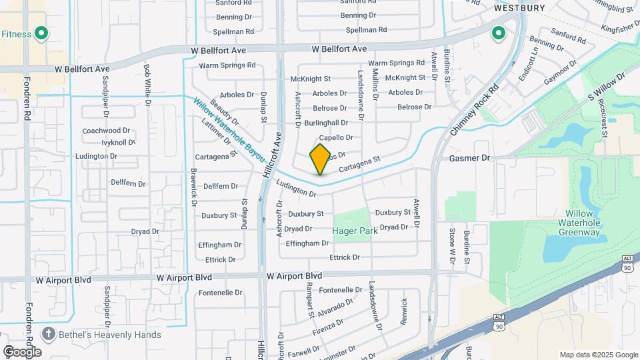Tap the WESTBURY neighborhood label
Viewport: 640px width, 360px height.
[519, 8]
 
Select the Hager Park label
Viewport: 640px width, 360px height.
[355, 231]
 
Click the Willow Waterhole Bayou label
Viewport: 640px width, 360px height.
[229, 132]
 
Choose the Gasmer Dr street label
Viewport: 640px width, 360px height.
[469, 159]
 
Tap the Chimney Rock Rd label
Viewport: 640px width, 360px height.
[474, 111]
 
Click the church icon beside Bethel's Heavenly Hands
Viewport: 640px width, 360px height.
[48, 333]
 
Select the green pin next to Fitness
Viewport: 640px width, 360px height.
[41, 33]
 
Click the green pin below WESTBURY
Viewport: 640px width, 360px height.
[498, 33]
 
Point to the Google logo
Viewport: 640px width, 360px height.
[21, 351]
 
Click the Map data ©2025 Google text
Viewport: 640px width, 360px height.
[599, 355]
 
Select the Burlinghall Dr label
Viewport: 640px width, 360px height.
[326, 123]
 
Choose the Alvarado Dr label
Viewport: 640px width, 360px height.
[335, 307]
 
